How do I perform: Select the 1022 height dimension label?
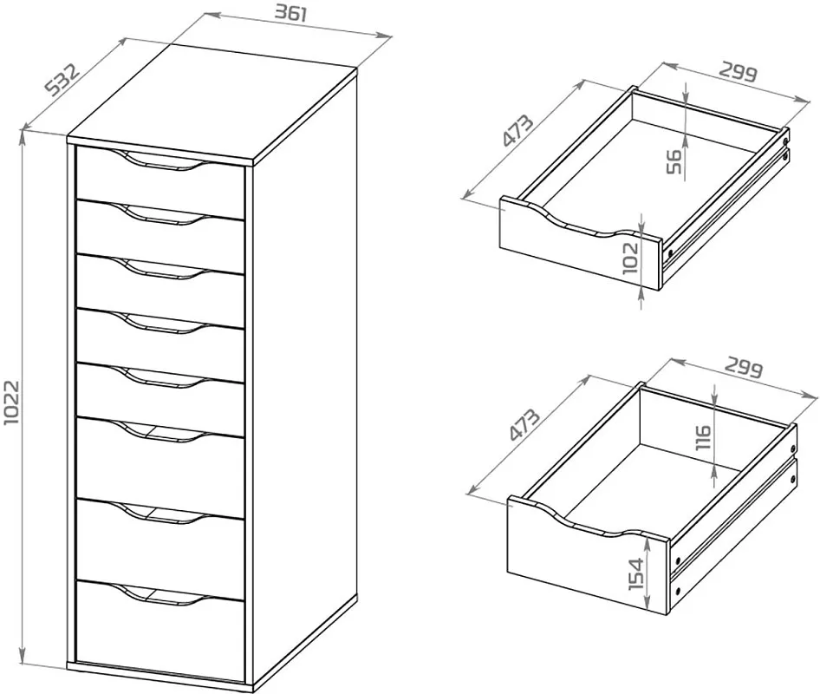point(11,403)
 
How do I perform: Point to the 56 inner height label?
point(674,161)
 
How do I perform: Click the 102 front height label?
point(631,258)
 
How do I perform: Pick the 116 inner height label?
point(703,437)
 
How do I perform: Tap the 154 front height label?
point(636,574)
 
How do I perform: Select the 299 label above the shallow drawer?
point(738,72)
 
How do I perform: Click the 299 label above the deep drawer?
point(744,369)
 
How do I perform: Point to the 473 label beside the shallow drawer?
point(517,130)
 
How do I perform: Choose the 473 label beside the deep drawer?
point(524,424)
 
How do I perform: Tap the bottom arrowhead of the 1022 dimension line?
point(22,657)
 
